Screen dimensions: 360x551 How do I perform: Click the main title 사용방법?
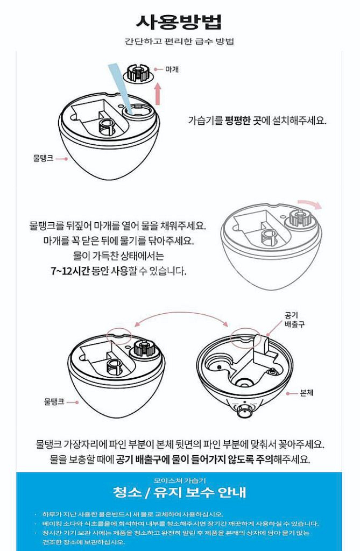[179, 22]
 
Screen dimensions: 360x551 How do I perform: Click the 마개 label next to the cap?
[172, 69]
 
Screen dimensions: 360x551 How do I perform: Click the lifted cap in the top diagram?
[139, 73]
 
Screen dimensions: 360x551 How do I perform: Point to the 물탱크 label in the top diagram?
[43, 159]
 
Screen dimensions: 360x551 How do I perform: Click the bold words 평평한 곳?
[243, 121]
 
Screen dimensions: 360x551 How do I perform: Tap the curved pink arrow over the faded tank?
[310, 204]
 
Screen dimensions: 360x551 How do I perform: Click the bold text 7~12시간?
[69, 271]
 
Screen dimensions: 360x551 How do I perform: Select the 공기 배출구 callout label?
[294, 320]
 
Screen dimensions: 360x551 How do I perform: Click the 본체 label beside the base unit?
[306, 393]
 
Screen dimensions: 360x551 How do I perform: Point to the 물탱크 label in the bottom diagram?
[54, 401]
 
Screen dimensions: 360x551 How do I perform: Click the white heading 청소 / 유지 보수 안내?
[180, 492]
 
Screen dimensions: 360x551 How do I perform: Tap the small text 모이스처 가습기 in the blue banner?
[180, 480]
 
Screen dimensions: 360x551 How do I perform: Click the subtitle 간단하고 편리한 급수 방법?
[179, 41]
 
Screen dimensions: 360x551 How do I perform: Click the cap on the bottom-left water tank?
[145, 349]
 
